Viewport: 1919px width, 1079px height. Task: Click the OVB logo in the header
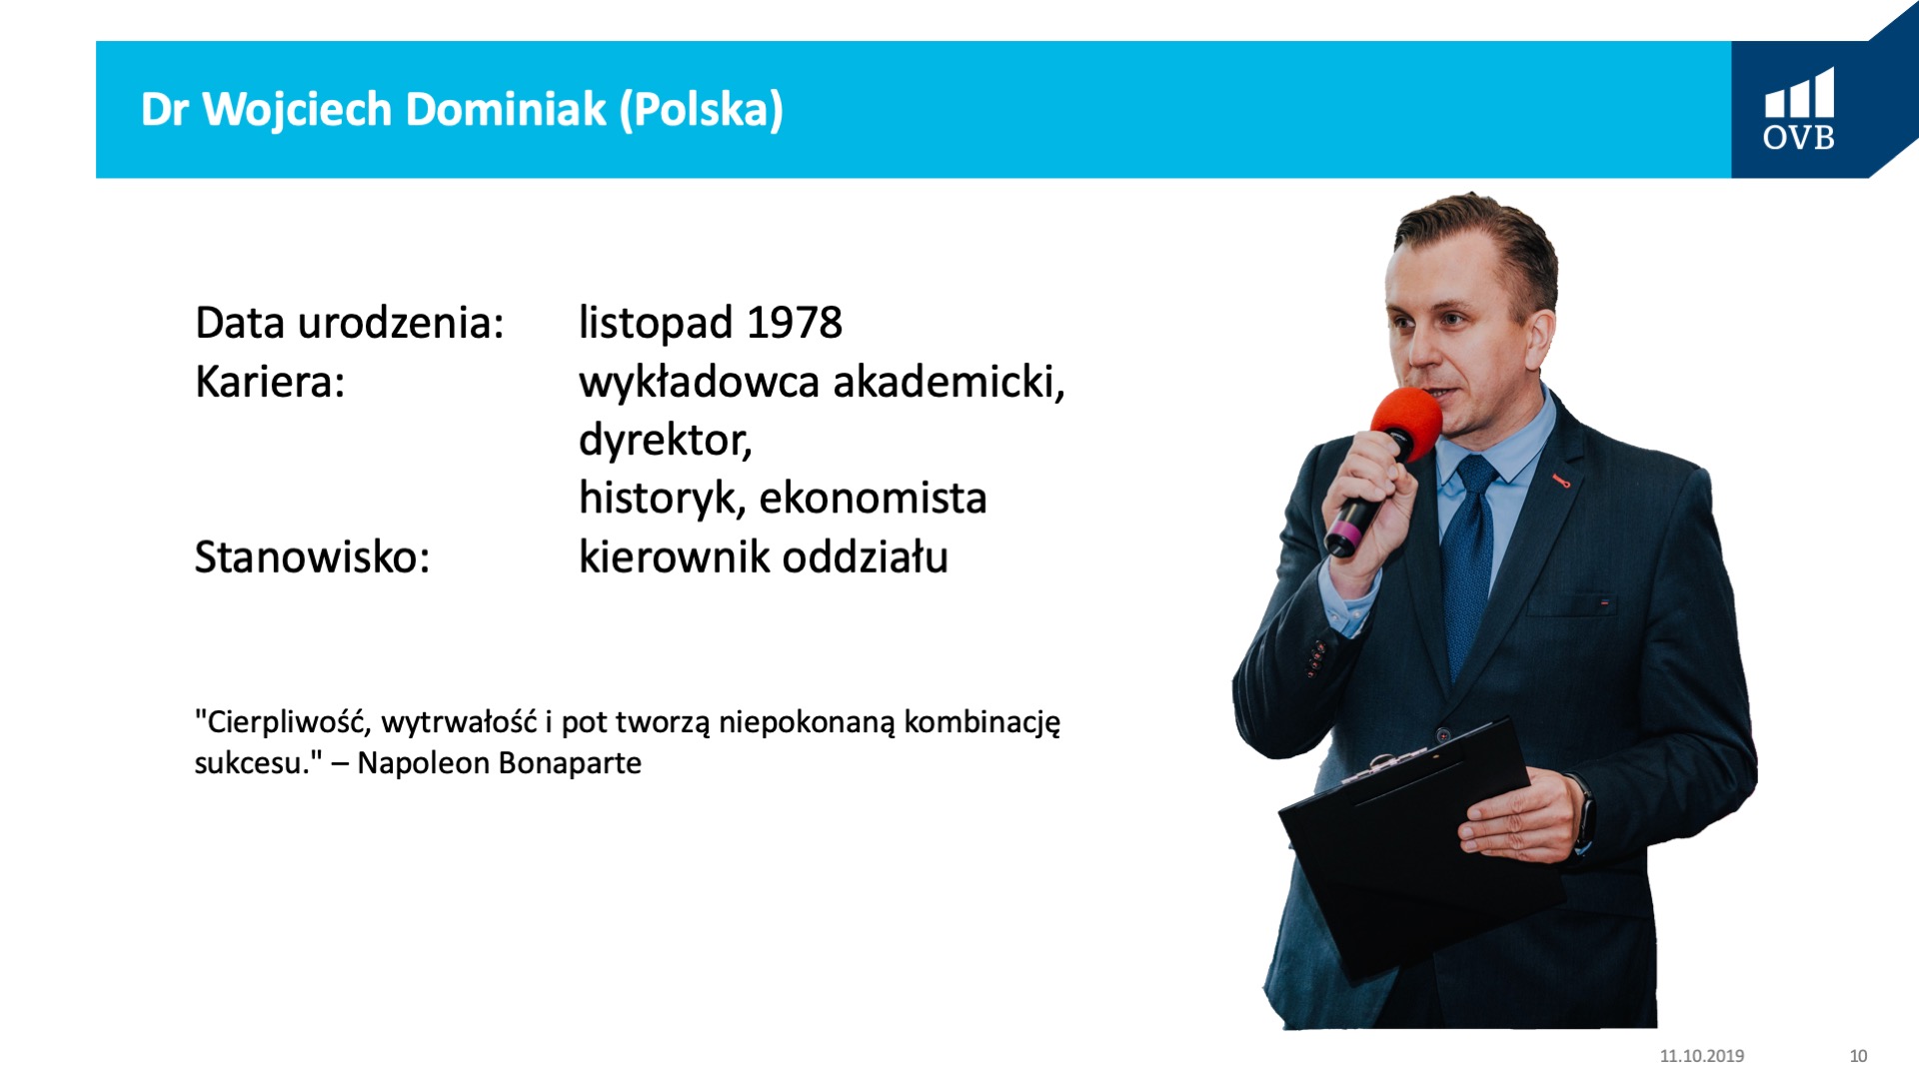pyautogui.click(x=1798, y=109)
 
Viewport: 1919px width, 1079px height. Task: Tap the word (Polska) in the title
pyautogui.click(x=701, y=110)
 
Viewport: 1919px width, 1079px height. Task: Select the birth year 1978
pyautogui.click(x=795, y=323)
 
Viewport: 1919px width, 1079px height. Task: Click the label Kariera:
pyautogui.click(x=270, y=382)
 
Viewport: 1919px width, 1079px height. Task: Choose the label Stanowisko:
pyautogui.click(x=312, y=556)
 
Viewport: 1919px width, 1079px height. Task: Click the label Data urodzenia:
pyautogui.click(x=350, y=323)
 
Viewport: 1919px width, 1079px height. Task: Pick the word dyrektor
pyautogui.click(x=662, y=440)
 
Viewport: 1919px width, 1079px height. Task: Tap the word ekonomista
pyautogui.click(x=873, y=498)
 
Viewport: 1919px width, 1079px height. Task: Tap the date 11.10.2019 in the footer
pyautogui.click(x=1702, y=1056)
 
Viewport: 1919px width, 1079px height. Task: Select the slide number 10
pyautogui.click(x=1858, y=1056)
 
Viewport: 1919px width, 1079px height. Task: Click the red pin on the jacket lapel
pyautogui.click(x=1560, y=482)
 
